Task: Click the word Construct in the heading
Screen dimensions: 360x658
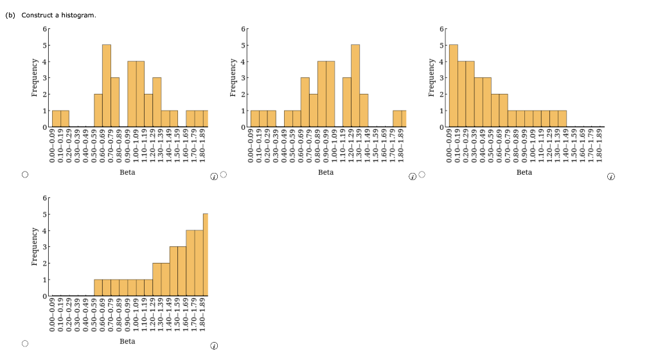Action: [x=37, y=15]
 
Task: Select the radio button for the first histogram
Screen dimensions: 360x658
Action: [x=25, y=174]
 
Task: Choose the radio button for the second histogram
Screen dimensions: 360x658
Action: [x=224, y=174]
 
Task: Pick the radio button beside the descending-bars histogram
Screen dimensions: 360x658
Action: [x=422, y=174]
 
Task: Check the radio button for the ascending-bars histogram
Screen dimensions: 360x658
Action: [x=25, y=344]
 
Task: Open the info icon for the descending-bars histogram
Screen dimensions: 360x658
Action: [x=611, y=175]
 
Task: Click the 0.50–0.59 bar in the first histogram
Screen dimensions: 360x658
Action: [x=98, y=111]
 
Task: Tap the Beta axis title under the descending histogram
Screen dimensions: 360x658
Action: [x=524, y=172]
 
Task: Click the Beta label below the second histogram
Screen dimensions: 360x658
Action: [x=326, y=172]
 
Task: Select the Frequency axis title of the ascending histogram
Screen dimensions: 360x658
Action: [x=35, y=246]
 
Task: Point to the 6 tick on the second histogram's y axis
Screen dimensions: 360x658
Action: [x=243, y=29]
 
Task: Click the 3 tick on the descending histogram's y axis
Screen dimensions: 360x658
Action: [x=441, y=78]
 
